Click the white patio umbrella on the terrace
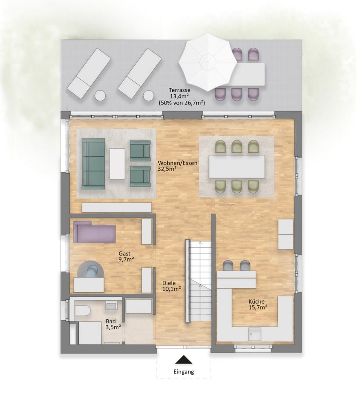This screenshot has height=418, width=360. [208, 62]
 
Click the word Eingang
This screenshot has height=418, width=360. [184, 371]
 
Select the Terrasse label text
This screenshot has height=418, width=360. [180, 90]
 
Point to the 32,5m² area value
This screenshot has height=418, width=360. [167, 169]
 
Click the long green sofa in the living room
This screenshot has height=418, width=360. [93, 164]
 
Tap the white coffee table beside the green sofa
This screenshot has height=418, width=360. [117, 164]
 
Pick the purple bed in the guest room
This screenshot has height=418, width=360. [94, 232]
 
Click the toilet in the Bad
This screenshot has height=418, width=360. [82, 310]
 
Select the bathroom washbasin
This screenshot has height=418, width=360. [112, 305]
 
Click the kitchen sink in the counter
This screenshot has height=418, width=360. [255, 334]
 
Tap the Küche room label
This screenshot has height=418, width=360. [257, 302]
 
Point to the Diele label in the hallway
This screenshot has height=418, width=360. [169, 283]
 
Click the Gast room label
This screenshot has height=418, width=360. [124, 253]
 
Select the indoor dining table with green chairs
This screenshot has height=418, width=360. [237, 167]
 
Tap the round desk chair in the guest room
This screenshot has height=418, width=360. [90, 269]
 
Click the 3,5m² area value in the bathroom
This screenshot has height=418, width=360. [113, 327]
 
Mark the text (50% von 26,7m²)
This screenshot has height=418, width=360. [182, 102]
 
